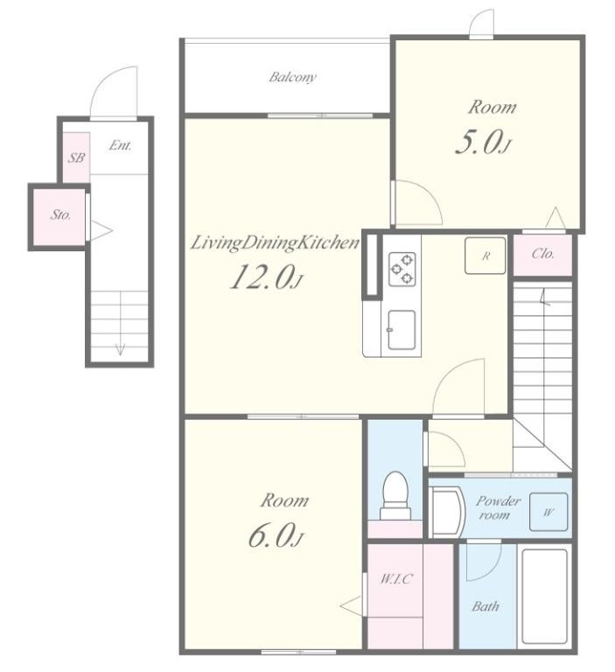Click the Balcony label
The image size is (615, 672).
point(293,77)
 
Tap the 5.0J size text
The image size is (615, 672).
point(483,143)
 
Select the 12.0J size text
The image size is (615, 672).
point(267,277)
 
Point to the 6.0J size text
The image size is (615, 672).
point(276,535)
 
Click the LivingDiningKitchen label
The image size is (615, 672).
point(275,243)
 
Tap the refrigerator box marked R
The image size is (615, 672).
point(486,255)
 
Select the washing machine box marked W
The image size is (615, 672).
point(549,512)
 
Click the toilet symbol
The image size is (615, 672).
point(395,496)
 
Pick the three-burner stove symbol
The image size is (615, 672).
point(402,269)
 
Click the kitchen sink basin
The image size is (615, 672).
point(402,330)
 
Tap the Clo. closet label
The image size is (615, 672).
point(543,254)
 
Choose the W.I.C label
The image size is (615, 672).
point(396,579)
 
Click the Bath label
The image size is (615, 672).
point(486,606)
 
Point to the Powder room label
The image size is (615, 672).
point(498,507)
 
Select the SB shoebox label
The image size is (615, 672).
point(76,157)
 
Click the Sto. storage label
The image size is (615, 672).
point(60,214)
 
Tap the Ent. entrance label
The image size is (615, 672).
point(120,145)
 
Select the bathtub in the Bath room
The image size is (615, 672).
point(545,596)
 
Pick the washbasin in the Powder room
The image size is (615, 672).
point(447,512)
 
